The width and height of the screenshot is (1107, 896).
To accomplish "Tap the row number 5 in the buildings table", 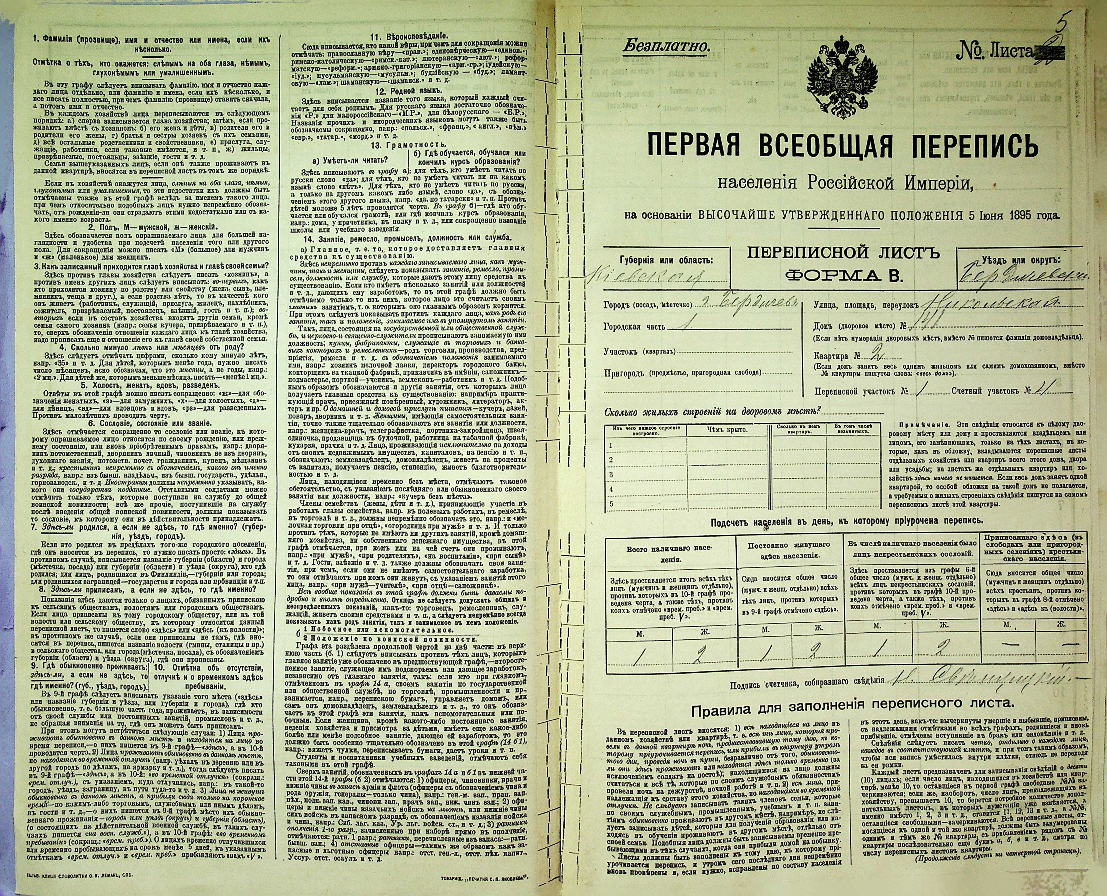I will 611,504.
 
